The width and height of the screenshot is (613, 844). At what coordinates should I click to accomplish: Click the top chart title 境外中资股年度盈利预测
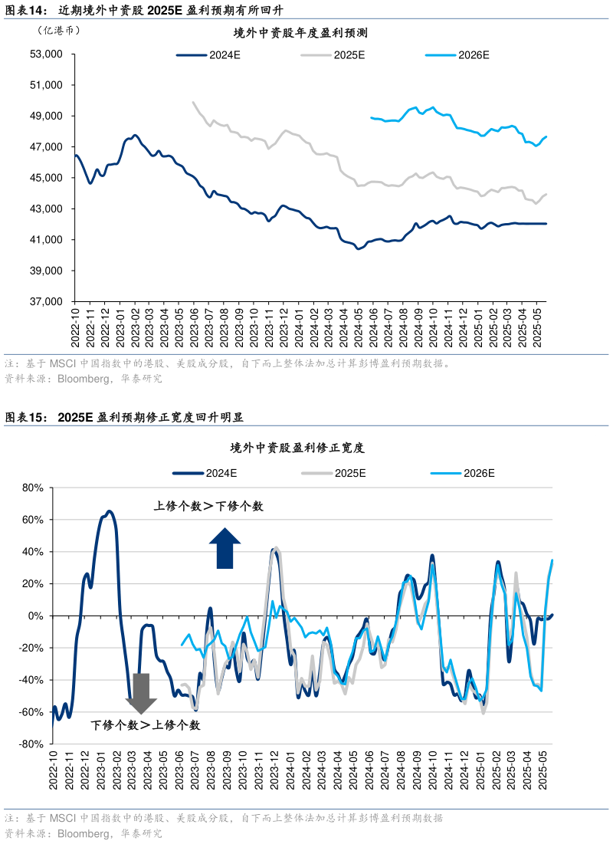[301, 34]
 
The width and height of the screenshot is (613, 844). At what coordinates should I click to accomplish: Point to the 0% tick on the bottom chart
[38, 616]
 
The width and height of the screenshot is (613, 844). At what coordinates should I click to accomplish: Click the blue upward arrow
[225, 548]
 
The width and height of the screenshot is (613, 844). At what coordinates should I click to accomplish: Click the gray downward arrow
[141, 693]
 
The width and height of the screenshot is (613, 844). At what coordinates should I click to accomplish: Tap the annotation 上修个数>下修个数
[208, 507]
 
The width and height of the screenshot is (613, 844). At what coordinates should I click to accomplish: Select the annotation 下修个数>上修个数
[146, 725]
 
